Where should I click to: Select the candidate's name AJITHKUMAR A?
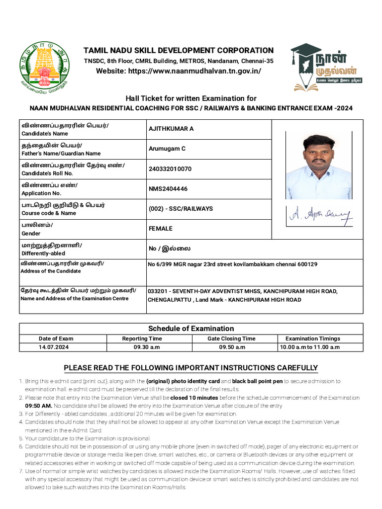(171, 129)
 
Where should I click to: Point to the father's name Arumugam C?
(167, 149)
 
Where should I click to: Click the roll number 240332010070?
(170, 169)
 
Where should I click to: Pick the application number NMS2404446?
(168, 189)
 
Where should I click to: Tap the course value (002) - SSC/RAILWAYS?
(181, 209)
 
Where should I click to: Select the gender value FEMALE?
(161, 229)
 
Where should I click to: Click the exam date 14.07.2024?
(54, 347)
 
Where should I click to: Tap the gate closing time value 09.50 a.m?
(232, 347)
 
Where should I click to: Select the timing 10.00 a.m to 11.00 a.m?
(309, 347)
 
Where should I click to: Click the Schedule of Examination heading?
(191, 329)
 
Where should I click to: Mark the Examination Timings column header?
(313, 339)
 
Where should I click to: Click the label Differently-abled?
(43, 253)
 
